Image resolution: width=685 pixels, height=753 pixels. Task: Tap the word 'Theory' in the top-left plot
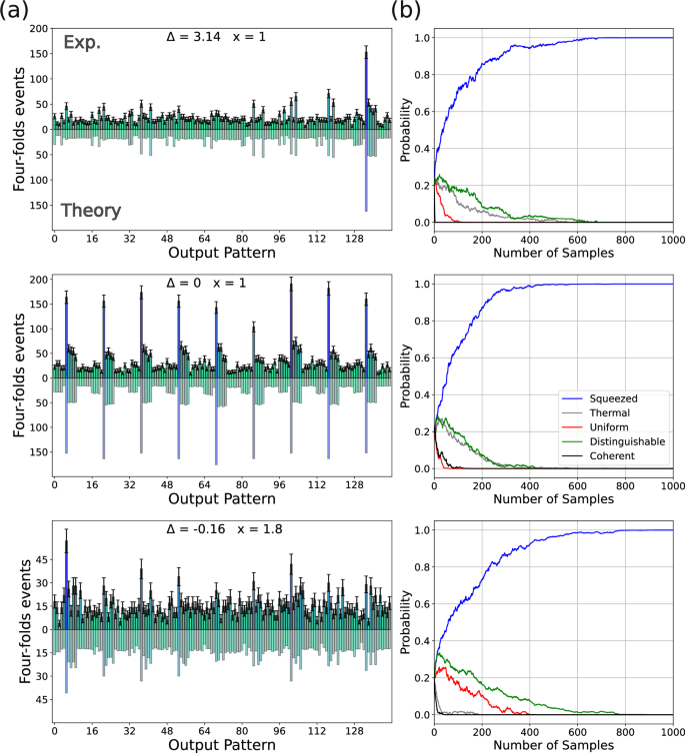click(91, 211)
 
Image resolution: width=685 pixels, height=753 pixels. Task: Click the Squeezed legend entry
click(600, 396)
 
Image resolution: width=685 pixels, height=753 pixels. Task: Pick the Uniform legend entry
click(597, 426)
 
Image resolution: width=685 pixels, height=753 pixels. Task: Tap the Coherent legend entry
click(599, 456)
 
